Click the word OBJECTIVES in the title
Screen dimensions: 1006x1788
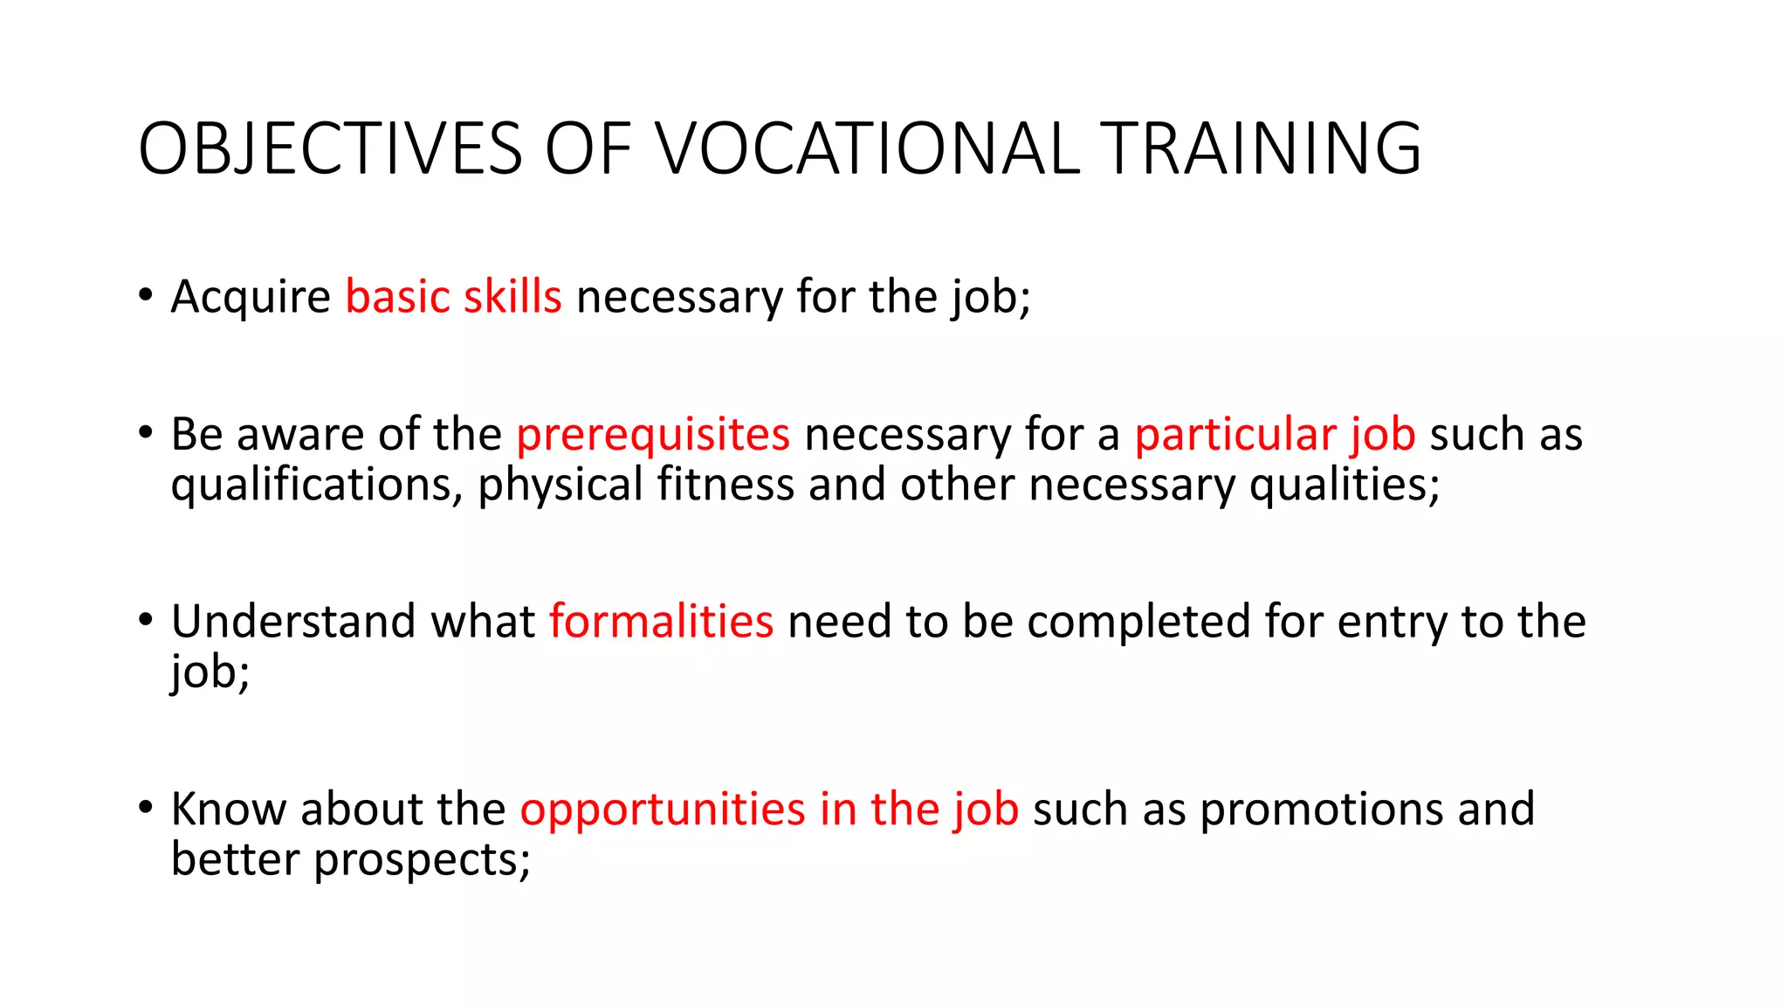(x=330, y=148)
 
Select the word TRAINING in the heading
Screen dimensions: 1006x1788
(x=1261, y=148)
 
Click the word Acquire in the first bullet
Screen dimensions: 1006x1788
(x=251, y=297)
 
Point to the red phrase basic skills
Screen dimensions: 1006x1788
(x=453, y=297)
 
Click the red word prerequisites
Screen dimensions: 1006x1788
(x=653, y=435)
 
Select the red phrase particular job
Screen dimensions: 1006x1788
(x=1275, y=435)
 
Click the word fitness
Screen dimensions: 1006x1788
(x=726, y=485)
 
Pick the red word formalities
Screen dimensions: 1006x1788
(x=661, y=622)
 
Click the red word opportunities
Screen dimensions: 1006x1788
(x=663, y=810)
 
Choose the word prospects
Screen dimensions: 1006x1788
(x=422, y=860)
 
